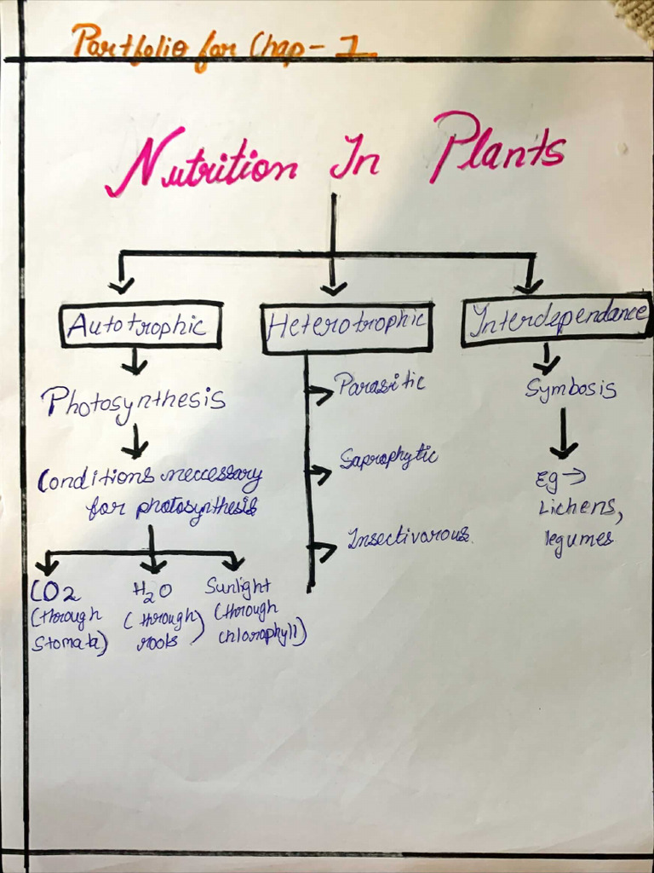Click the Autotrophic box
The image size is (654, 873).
pos(141,325)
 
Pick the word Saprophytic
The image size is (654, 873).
pos(388,458)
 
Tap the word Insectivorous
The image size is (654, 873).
pos(408,536)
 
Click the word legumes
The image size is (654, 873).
pos(578,539)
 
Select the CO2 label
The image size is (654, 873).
pos(55,591)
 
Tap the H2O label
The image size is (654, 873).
pos(152,590)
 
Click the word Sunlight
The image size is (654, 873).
pos(238,587)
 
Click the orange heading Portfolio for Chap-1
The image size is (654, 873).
pos(221,41)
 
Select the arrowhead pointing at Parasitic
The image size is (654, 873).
pos(322,393)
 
